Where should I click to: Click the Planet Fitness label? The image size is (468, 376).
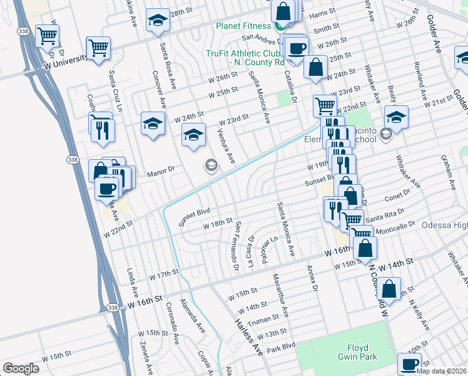click(243, 26)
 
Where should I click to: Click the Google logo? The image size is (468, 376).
click(21, 368)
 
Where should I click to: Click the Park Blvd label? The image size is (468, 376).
click(281, 346)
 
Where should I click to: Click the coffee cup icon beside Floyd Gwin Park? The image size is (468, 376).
click(410, 364)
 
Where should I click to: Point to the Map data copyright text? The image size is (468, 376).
click(440, 370)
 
